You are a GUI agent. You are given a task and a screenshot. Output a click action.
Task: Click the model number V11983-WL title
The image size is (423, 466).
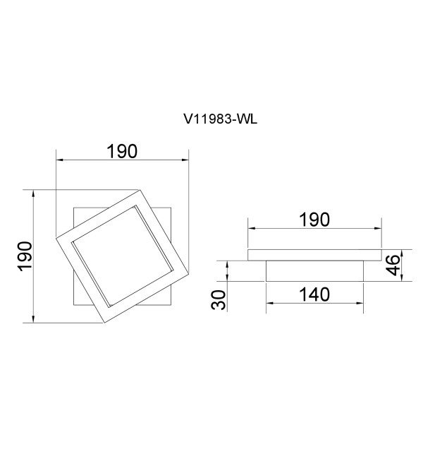220,119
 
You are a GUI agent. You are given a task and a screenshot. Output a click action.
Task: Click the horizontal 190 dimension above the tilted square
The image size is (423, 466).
122,151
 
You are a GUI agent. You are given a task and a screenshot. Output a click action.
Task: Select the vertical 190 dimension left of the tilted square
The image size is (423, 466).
25,256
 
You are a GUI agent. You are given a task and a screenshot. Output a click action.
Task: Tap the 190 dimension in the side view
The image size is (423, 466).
314,220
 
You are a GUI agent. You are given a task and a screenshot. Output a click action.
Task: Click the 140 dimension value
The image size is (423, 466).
314,294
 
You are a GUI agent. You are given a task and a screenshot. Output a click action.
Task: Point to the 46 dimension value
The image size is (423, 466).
393,265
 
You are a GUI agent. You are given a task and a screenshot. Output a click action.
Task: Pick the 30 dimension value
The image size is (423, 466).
218,300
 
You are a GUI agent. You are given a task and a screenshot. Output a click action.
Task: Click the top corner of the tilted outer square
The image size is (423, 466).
140,190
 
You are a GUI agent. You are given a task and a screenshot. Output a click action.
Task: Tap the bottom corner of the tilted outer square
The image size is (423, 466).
104,323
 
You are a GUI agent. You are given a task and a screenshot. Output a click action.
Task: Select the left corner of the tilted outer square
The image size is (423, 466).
56,237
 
